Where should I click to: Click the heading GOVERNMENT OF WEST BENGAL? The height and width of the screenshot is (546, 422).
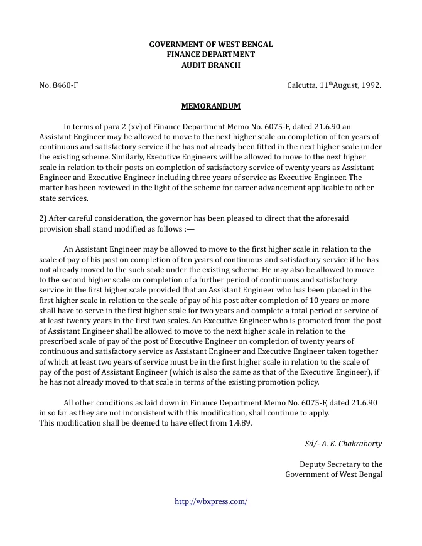[x=210, y=45]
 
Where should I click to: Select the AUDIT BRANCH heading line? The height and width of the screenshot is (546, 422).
[x=210, y=65]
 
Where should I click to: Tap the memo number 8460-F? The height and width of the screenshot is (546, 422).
[x=58, y=85]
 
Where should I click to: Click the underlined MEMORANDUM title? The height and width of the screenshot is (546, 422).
[x=210, y=106]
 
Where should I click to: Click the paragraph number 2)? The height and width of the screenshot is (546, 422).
[x=43, y=218]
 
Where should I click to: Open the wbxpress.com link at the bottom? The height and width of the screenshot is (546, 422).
[x=210, y=501]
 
